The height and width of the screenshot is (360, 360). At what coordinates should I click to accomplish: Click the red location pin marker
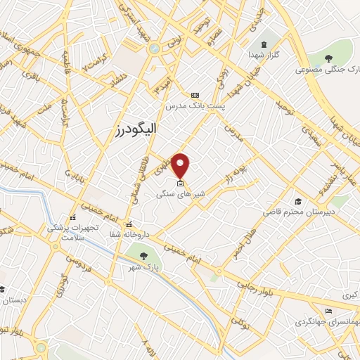click(x=181, y=166)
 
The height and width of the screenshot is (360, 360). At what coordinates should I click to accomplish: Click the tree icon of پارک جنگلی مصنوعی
click(x=328, y=58)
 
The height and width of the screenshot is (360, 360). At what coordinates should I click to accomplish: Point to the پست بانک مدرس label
click(x=195, y=105)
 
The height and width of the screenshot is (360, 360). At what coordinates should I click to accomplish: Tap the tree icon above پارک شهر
click(x=143, y=256)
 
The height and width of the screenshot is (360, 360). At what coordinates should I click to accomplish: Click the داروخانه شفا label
click(x=133, y=235)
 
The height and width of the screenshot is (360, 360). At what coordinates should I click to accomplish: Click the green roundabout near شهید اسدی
click(x=154, y=49)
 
